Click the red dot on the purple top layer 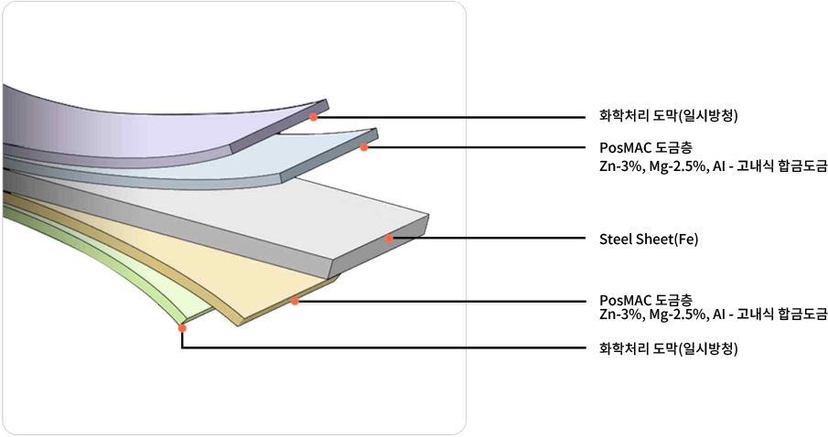(x=313, y=117)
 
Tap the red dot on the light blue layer (x=363, y=147)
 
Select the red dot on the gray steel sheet (x=389, y=239)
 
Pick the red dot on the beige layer (x=295, y=301)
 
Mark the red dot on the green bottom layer (x=182, y=327)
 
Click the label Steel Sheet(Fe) (x=648, y=240)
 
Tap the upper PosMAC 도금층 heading (x=645, y=146)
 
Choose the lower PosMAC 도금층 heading (x=645, y=300)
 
